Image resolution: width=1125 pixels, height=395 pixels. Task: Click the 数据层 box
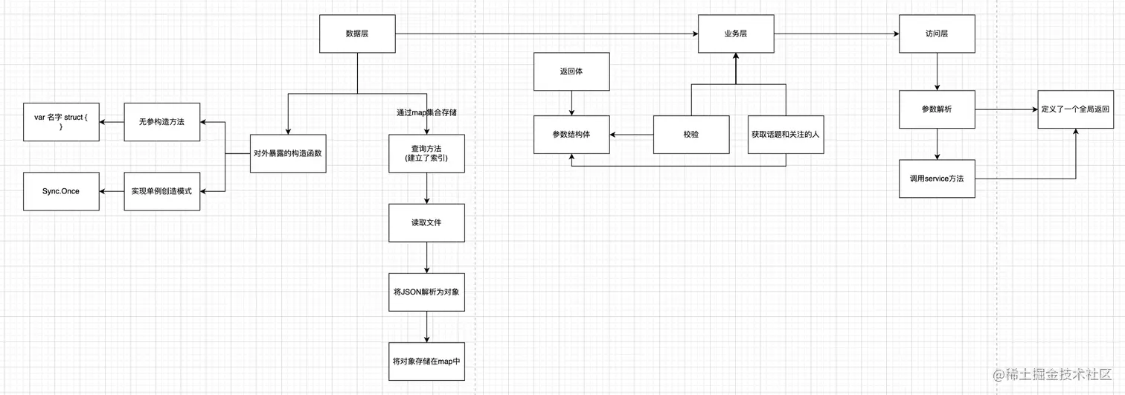tap(357, 34)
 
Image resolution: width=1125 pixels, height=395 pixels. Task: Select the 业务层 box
tap(735, 34)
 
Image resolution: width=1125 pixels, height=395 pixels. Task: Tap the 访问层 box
tap(936, 34)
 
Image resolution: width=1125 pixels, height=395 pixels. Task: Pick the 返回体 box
tap(571, 71)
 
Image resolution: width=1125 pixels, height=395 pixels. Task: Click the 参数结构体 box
tap(571, 135)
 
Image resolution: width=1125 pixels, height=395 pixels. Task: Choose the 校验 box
tap(691, 135)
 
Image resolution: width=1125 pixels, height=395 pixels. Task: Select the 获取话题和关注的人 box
tap(786, 135)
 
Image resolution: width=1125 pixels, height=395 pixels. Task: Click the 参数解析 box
tap(936, 109)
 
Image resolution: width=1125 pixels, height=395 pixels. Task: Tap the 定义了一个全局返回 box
tap(1075, 109)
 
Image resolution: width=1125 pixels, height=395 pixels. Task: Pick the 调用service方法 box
tap(936, 179)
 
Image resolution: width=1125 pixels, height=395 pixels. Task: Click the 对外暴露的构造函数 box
tap(288, 154)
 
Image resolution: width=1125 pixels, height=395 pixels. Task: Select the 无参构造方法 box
tap(161, 122)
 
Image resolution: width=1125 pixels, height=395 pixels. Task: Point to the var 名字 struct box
tap(61, 122)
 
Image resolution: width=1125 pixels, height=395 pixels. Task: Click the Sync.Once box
tap(61, 191)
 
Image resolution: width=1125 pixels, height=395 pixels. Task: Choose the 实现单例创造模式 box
tap(161, 191)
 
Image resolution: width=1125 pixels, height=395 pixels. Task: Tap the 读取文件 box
tap(426, 222)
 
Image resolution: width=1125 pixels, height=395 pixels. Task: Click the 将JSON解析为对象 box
tap(426, 292)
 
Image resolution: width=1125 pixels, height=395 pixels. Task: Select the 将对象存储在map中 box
tap(426, 362)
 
